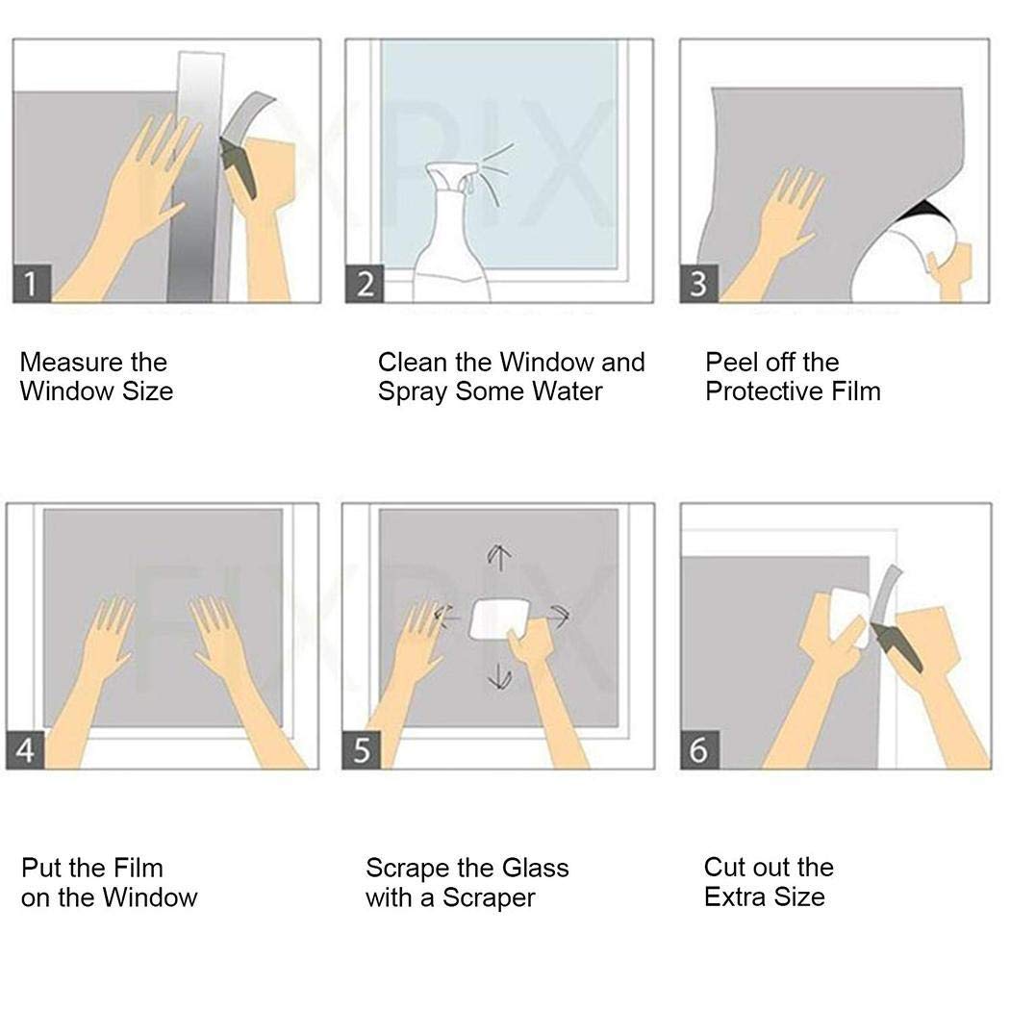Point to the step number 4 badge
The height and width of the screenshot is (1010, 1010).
click(26, 750)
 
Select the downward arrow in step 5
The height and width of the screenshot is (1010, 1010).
click(499, 678)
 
